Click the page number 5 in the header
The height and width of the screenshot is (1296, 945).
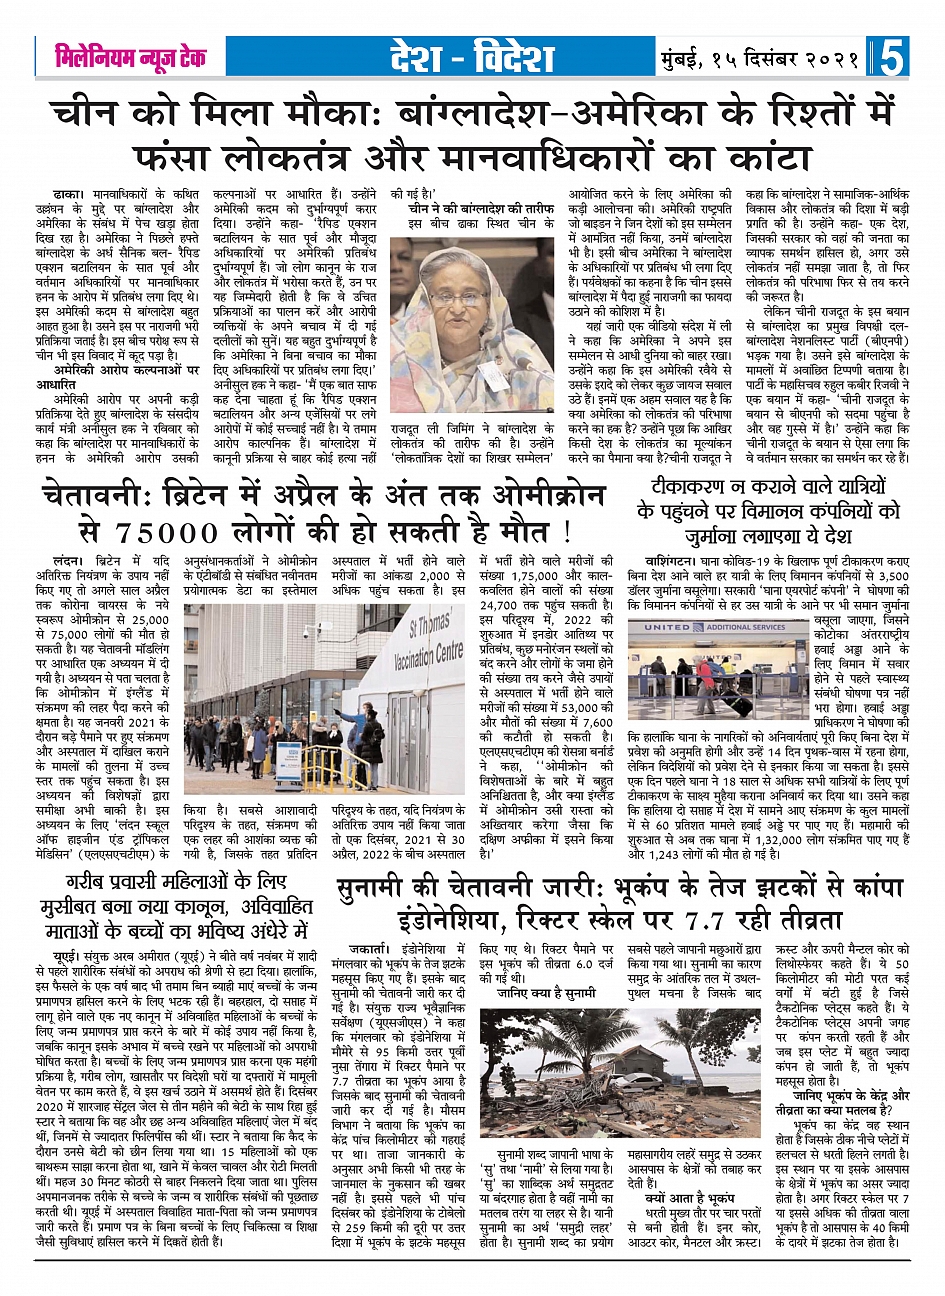[892, 58]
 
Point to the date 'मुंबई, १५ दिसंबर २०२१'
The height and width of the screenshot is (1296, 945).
[761, 59]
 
